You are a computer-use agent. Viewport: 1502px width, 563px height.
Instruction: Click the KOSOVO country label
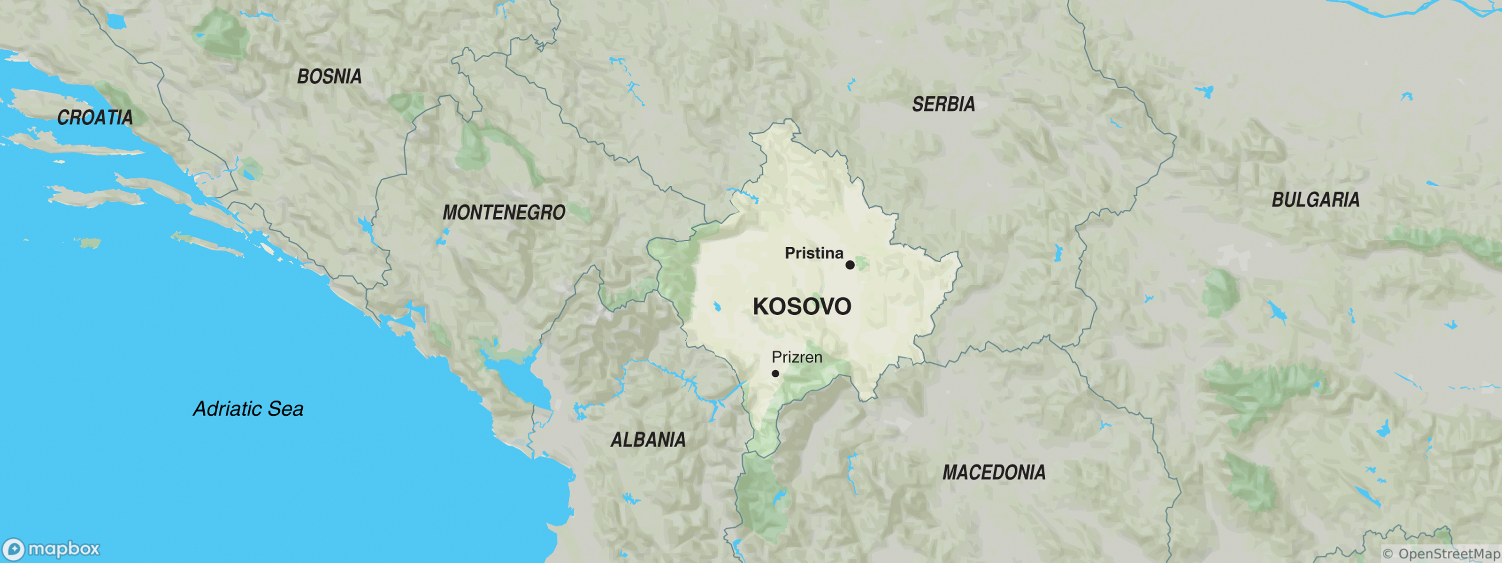coord(802,306)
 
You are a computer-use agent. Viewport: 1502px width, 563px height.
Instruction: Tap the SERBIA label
coord(943,104)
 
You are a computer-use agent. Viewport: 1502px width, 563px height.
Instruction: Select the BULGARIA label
coord(1315,200)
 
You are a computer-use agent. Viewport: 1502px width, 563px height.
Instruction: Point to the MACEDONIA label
coord(994,472)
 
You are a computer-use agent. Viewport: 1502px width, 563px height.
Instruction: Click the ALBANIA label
coord(648,440)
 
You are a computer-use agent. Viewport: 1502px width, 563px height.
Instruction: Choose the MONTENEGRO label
coord(504,213)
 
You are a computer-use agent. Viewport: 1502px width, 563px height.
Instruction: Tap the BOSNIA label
coord(330,76)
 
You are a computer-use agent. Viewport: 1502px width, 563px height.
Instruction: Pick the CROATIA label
coord(95,118)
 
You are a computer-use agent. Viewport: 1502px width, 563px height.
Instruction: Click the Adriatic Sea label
coord(248,409)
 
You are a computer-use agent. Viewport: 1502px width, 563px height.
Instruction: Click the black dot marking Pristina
coord(850,265)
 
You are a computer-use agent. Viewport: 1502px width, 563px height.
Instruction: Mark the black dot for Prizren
coord(775,373)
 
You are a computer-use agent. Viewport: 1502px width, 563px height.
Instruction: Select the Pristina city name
coord(814,253)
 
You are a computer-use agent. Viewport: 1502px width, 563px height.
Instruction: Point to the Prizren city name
coord(797,357)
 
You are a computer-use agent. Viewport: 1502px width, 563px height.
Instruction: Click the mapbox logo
coord(51,549)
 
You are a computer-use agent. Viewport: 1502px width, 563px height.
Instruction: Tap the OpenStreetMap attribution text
coord(1441,554)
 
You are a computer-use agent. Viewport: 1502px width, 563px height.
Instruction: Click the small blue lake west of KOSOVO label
coord(717,306)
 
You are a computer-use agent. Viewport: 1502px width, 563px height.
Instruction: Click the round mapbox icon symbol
coord(14,549)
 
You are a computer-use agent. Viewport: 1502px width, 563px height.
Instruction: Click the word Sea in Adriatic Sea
coord(286,409)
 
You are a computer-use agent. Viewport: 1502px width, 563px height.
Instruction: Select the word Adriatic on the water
coord(227,409)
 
